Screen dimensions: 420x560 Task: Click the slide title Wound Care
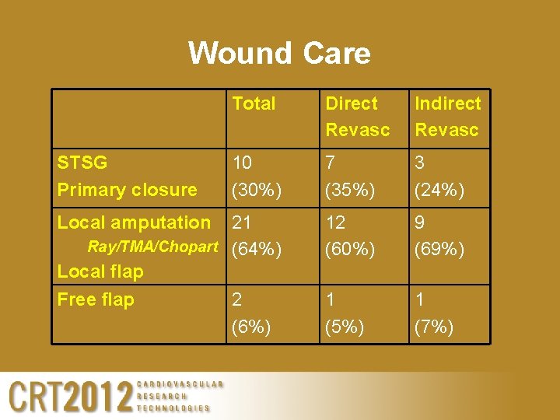click(x=279, y=54)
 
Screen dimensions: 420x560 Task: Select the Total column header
click(x=254, y=103)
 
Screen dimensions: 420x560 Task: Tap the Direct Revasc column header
click(x=357, y=117)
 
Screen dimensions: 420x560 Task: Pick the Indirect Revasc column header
click(x=447, y=117)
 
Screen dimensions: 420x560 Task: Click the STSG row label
click(x=82, y=163)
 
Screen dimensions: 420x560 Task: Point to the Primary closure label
click(x=128, y=190)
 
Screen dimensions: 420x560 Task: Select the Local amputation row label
click(x=134, y=222)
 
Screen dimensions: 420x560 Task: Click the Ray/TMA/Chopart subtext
click(x=152, y=247)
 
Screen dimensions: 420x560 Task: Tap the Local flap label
click(x=100, y=271)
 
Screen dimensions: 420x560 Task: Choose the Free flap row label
click(x=96, y=299)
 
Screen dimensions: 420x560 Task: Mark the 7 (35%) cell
click(x=348, y=177)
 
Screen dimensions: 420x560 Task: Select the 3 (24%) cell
click(x=439, y=177)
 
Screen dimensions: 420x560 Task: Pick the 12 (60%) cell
click(x=350, y=236)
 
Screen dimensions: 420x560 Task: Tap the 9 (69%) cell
click(x=439, y=236)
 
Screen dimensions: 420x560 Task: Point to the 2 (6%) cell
click(x=251, y=313)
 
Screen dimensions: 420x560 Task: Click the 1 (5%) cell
click(x=345, y=313)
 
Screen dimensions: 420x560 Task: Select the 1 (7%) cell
click(x=434, y=313)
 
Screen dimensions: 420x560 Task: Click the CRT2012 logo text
click(x=70, y=397)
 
